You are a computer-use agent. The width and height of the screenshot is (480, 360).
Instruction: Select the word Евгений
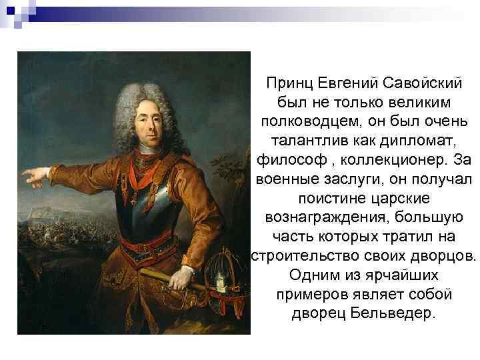[346, 85]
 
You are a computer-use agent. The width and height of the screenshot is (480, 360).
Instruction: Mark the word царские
[403, 199]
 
